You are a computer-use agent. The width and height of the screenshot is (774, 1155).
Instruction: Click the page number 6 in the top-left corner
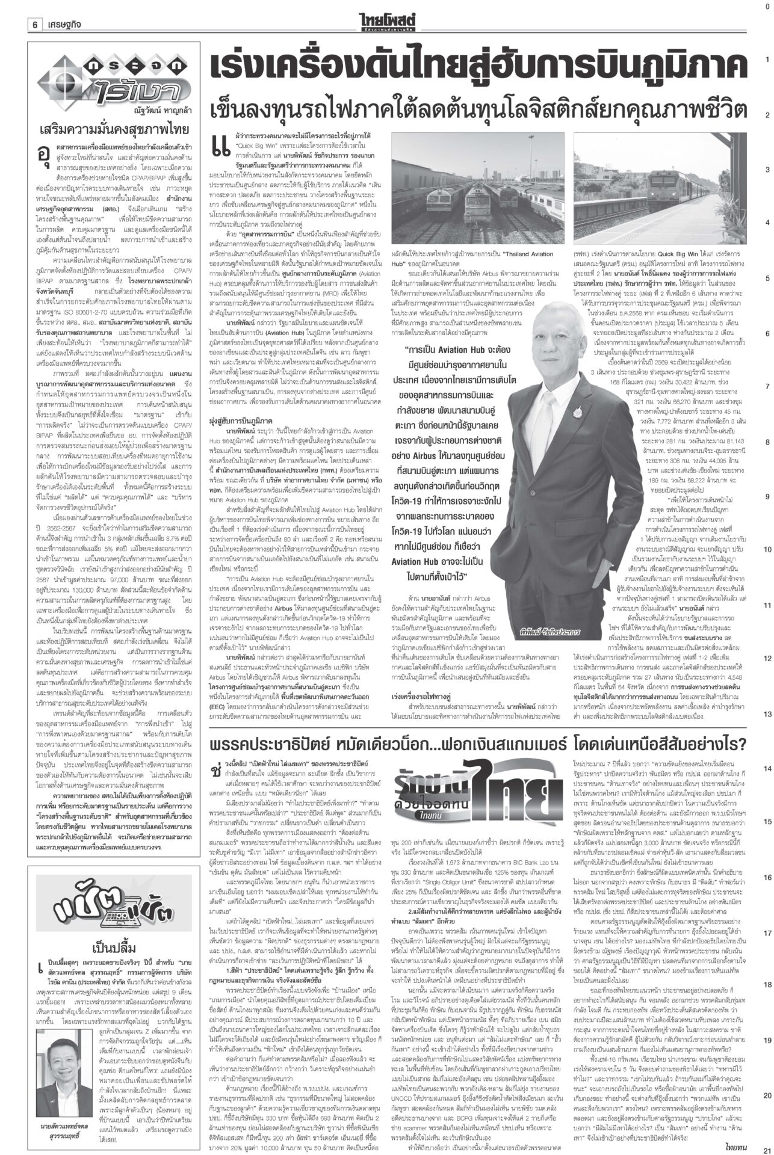pyautogui.click(x=36, y=8)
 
